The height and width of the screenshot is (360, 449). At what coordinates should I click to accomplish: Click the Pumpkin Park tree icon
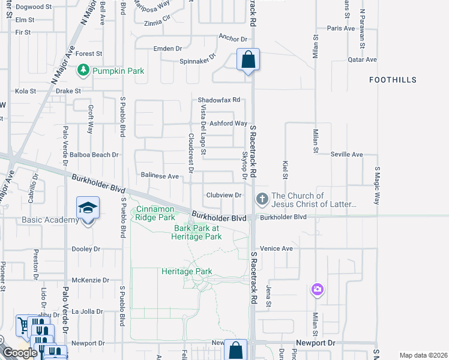(x=84, y=71)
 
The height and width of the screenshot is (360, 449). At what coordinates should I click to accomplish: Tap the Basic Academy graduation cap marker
(x=88, y=208)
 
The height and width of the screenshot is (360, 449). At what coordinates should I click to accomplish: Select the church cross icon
(x=262, y=199)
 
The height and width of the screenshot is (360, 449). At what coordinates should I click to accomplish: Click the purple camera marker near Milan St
(x=317, y=290)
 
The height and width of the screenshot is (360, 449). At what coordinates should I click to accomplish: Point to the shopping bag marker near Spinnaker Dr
(x=248, y=60)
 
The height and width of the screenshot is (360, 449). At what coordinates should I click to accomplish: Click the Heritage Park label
(x=187, y=271)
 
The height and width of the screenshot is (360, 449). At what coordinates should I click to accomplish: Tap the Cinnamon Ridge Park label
(x=155, y=214)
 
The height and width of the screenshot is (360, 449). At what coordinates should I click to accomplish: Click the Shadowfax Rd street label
(x=220, y=100)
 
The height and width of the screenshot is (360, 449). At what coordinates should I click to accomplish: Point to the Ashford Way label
(x=228, y=124)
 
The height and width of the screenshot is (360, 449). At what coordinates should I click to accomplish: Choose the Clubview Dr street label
(x=223, y=195)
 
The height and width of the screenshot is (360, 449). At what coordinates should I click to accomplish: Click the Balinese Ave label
(x=160, y=176)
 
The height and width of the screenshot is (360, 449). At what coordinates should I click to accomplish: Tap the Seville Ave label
(x=347, y=154)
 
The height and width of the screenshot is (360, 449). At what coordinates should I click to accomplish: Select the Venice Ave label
(x=276, y=248)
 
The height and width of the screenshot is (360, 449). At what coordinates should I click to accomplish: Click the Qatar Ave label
(x=362, y=60)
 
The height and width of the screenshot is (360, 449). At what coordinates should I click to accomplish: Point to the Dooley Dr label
(x=86, y=249)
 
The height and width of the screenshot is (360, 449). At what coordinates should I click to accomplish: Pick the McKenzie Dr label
(x=90, y=280)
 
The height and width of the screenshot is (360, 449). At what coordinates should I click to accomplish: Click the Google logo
(x=20, y=353)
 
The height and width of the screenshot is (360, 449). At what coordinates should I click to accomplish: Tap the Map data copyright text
(x=423, y=355)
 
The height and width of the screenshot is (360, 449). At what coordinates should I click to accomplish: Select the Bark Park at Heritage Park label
(x=198, y=232)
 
